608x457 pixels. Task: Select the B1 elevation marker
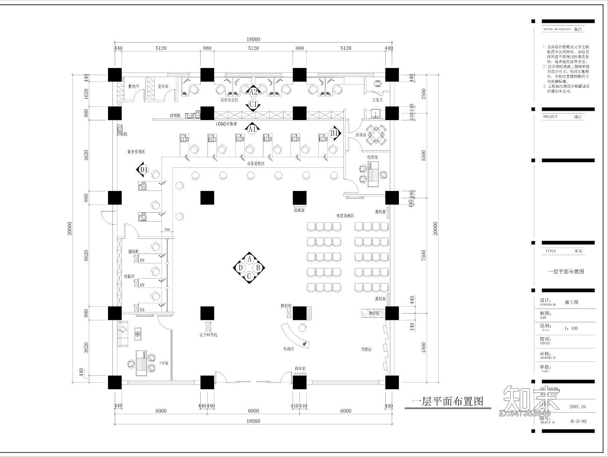point(334,133)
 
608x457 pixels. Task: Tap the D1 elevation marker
point(143,170)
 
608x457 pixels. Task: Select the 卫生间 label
point(377,100)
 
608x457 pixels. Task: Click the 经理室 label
point(372,157)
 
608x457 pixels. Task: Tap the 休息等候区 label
point(345,216)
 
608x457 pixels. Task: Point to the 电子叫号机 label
point(208,335)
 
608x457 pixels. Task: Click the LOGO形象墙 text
point(226,124)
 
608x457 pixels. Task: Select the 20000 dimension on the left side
point(70,228)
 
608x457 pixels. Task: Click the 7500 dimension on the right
point(424,255)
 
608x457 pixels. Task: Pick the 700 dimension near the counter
point(166,230)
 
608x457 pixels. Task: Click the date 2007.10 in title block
point(578,407)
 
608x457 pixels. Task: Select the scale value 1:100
point(571,328)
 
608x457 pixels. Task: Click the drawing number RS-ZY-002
point(579,421)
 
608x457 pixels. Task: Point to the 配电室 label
point(134,87)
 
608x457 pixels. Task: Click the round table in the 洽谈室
point(376,135)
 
